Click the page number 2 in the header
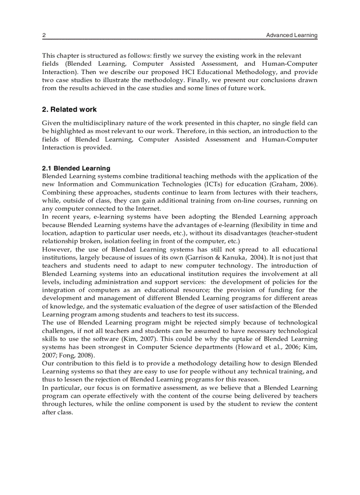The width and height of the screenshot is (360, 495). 44,35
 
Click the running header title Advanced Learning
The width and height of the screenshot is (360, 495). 291,35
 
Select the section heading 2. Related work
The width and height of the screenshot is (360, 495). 69,109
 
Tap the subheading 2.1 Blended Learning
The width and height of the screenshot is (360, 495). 76,168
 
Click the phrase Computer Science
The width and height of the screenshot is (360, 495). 162,347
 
